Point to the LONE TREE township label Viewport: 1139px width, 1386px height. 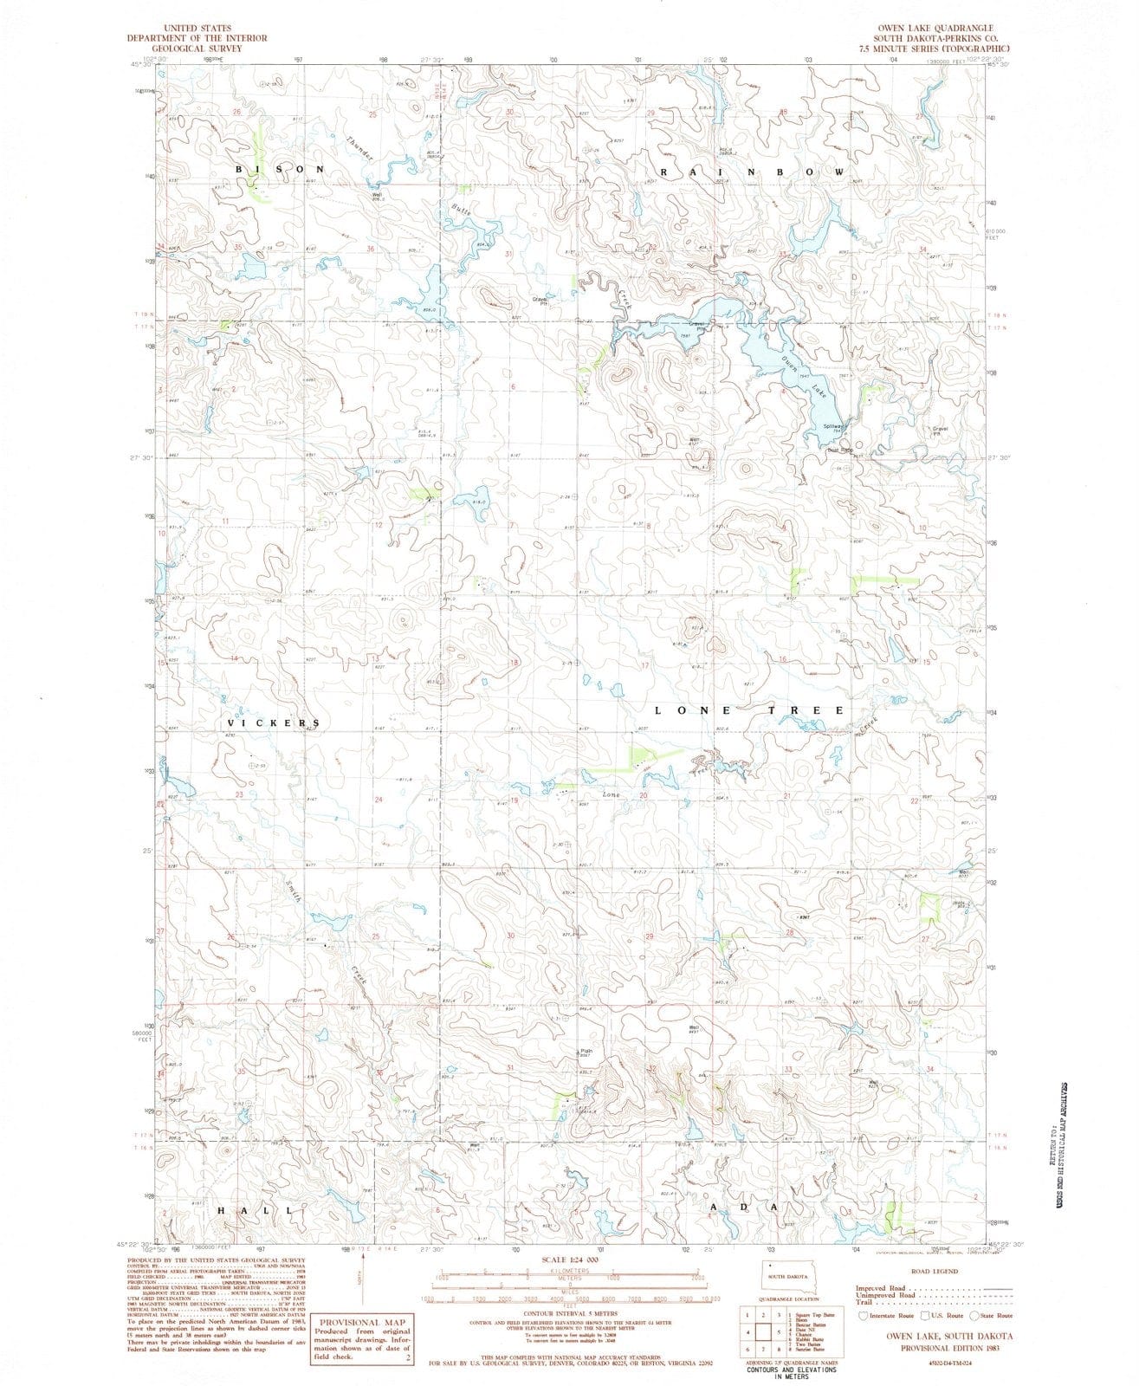tap(748, 710)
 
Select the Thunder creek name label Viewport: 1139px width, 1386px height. tap(359, 147)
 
